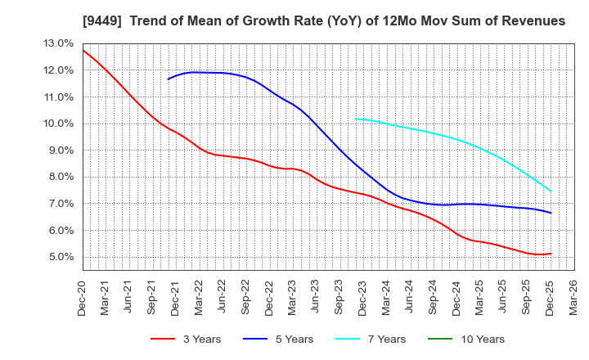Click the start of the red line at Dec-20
pos(83,50)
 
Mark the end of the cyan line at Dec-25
pos(551,191)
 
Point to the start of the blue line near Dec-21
pos(168,79)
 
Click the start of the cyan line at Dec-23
pos(355,119)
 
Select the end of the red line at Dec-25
pos(551,254)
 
